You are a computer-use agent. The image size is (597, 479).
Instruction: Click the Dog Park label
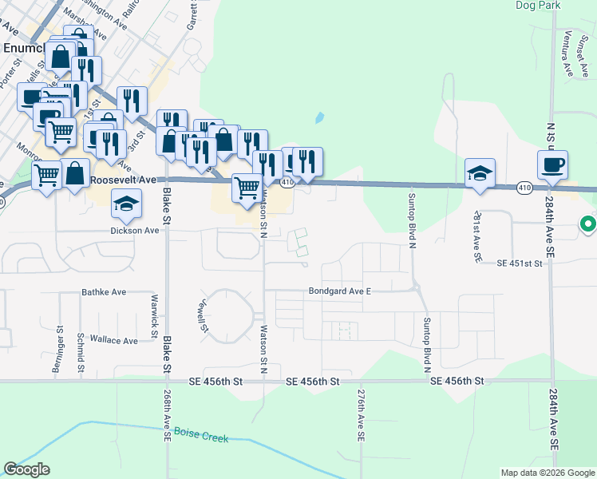point(537,6)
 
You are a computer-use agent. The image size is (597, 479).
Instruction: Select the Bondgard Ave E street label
point(341,291)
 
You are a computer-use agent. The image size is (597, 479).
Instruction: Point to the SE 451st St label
point(519,263)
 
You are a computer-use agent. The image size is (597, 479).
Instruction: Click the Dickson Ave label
point(135,230)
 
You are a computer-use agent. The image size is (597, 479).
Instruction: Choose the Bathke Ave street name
point(105,293)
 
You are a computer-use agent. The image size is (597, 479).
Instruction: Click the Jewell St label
point(204,316)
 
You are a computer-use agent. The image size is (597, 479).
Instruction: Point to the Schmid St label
point(81,351)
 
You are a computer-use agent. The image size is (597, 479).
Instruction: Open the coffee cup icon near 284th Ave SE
point(552,166)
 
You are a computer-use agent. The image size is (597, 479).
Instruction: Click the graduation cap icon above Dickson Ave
point(126,204)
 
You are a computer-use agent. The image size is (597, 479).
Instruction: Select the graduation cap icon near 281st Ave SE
point(480,173)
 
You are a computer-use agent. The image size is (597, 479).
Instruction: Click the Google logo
point(27,469)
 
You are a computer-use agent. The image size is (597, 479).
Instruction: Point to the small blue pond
point(319,118)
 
